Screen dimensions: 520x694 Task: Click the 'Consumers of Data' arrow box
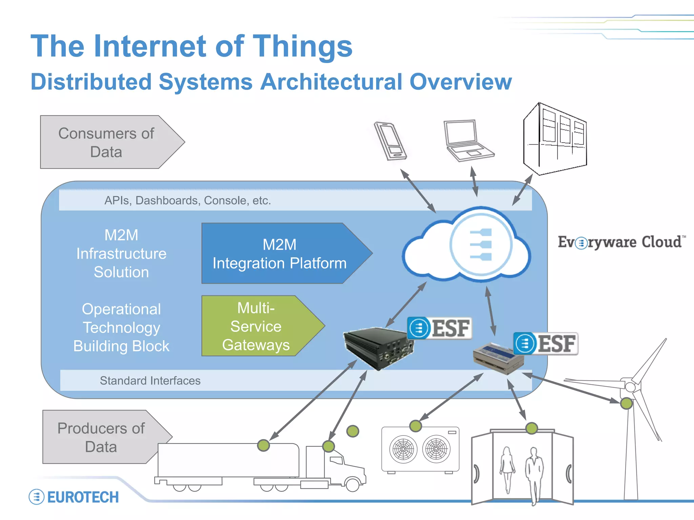(107, 142)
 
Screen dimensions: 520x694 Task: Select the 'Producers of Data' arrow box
(102, 437)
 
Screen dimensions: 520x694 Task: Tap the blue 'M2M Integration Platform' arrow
(280, 254)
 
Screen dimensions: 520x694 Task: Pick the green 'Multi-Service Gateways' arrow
(256, 326)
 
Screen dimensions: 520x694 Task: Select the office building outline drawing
(555, 139)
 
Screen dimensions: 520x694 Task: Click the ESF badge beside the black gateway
(440, 328)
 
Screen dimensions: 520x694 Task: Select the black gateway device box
(378, 347)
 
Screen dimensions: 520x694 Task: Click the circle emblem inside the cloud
(481, 244)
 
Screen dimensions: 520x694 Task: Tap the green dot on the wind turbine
(626, 403)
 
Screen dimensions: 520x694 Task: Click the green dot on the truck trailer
(263, 445)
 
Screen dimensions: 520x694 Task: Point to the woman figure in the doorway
(507, 469)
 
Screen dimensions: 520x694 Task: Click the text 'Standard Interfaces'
(150, 381)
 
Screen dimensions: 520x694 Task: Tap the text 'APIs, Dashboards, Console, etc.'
(187, 200)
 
